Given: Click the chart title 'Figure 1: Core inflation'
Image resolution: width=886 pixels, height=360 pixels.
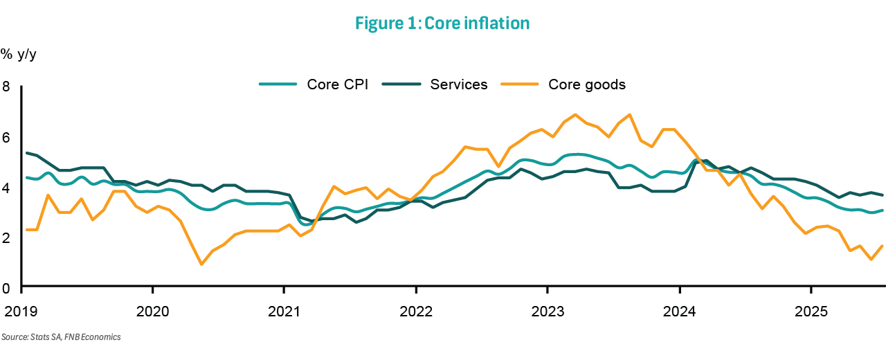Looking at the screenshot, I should coord(442,23).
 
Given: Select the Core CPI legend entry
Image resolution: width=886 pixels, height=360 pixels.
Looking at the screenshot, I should coord(314,84).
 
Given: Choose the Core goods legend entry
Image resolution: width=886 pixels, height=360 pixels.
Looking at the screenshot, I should coord(567,84).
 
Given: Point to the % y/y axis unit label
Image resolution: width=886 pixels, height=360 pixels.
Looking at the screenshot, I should coord(18,54).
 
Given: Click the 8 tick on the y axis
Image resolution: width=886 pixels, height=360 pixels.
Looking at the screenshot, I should coord(6,87).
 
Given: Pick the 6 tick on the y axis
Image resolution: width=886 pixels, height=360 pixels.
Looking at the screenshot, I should coord(6,137).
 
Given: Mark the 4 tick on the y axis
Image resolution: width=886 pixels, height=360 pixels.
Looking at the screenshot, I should coord(6,187).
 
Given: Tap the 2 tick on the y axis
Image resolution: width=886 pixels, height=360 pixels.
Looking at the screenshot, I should coord(6,237).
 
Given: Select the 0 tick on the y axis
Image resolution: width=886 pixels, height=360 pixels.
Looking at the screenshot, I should coord(6,287).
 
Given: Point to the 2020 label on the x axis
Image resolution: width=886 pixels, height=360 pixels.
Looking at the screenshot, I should coord(152,310).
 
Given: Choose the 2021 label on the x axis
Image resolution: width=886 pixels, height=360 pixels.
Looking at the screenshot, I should coord(284,310).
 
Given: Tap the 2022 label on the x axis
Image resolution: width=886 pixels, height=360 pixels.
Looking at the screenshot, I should coord(415,310).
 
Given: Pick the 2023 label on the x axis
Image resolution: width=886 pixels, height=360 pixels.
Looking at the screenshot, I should coord(547,310).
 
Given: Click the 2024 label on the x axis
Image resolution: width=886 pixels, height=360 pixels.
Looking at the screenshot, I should coord(678,310).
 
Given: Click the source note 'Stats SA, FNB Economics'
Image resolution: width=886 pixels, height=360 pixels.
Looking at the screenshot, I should coord(61,337).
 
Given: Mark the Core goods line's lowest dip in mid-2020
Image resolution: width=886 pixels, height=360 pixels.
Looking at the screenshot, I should coord(201,264).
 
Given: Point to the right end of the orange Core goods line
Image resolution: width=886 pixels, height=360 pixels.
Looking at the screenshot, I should coord(883,246).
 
